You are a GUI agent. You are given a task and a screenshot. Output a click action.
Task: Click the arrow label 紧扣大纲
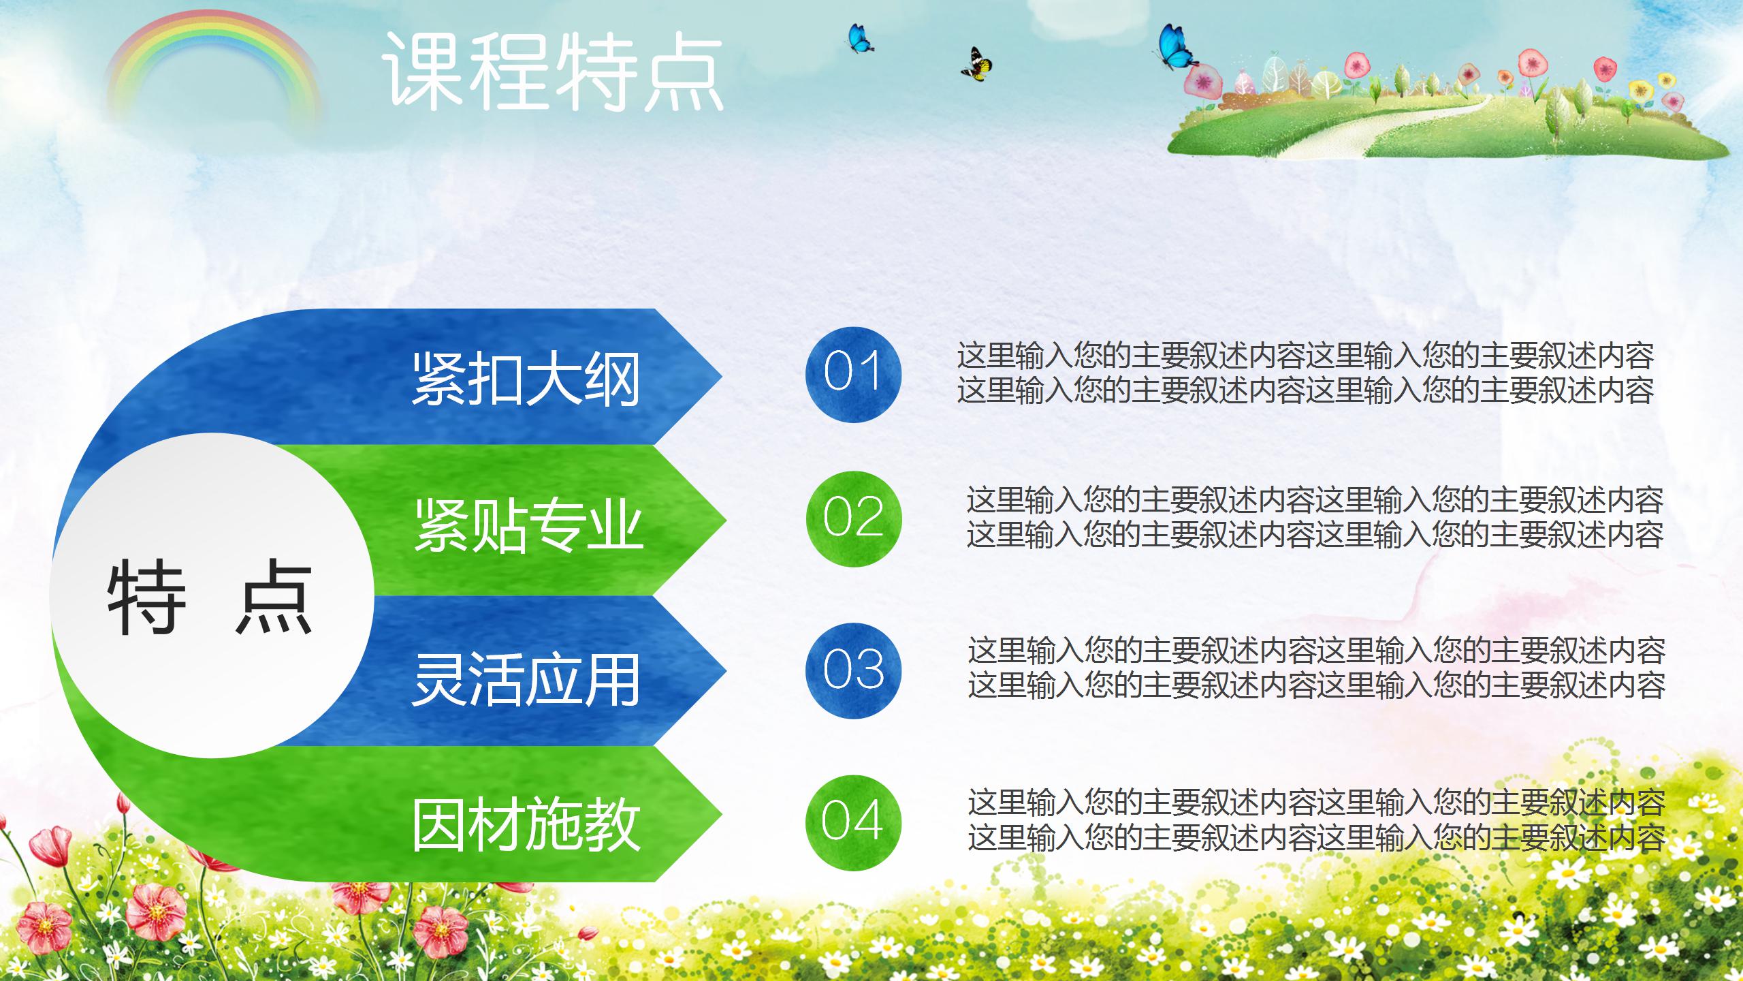[526, 379]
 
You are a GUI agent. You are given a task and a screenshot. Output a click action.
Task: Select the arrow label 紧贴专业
[529, 524]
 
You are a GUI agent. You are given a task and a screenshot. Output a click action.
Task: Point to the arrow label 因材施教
[526, 825]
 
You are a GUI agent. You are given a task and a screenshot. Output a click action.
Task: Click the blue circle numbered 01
[853, 374]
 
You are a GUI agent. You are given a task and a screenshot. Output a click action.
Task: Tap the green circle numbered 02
[853, 518]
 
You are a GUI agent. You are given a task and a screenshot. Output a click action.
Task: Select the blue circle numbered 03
[853, 670]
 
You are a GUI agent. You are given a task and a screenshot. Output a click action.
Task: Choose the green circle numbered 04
[853, 822]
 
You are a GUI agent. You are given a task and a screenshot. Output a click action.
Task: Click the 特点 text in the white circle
[210, 597]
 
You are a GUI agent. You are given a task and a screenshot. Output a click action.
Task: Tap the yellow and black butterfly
[977, 64]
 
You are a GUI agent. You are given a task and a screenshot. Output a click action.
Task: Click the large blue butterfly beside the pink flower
[1177, 46]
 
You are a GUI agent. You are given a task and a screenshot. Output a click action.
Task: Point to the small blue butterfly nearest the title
[860, 38]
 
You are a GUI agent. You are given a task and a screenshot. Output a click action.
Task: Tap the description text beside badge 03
[1316, 668]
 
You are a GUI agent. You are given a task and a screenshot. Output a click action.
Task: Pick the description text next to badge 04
[1316, 820]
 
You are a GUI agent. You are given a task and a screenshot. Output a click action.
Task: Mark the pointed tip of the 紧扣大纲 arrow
[722, 376]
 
